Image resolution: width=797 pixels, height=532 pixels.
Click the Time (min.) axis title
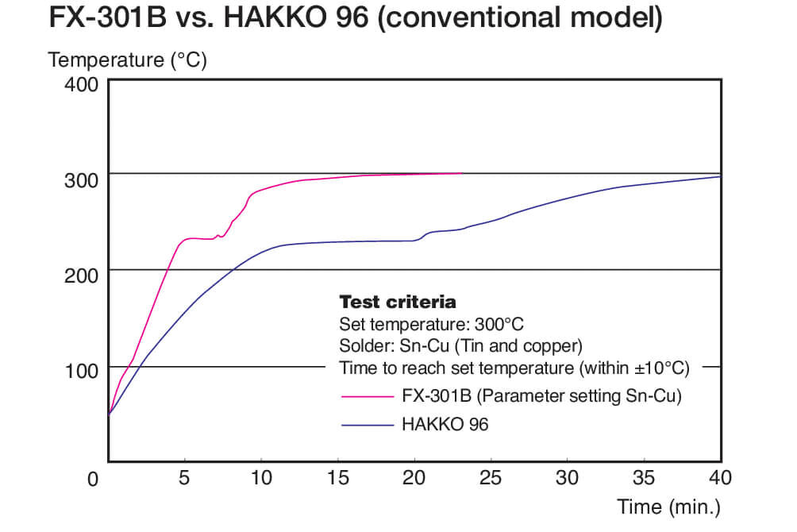(668, 507)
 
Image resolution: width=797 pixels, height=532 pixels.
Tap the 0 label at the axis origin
(93, 479)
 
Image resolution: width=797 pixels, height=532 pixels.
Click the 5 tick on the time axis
(184, 478)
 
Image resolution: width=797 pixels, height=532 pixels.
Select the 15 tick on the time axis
(338, 478)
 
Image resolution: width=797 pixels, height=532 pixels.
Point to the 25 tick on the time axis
(491, 478)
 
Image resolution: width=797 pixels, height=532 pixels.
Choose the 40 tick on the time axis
(719, 478)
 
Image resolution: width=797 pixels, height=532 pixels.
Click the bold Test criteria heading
(397, 303)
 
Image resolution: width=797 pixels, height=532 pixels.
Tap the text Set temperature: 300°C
(431, 325)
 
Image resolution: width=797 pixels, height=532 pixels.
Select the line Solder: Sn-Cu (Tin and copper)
(460, 346)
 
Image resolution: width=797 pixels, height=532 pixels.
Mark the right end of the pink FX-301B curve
(461, 173)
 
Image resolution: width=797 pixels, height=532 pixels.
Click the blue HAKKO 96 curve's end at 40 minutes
(719, 176)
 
